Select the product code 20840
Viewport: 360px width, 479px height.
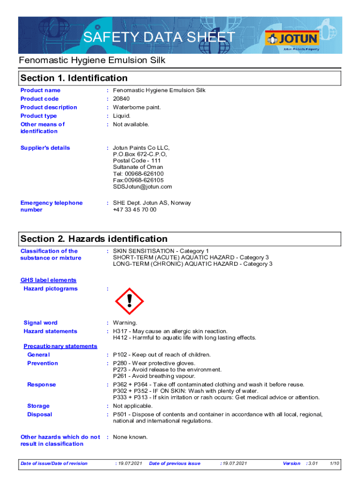pyautogui.click(x=121, y=99)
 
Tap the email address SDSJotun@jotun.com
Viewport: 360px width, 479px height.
pyautogui.click(x=142, y=187)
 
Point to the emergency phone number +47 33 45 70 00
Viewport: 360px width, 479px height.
pyautogui.click(x=135, y=210)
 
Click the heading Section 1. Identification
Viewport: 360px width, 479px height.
pyautogui.click(x=74, y=78)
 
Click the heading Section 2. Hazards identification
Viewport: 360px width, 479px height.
pyautogui.click(x=94, y=239)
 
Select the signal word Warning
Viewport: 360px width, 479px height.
pyautogui.click(x=125, y=323)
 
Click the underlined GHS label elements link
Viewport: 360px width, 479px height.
pyautogui.click(x=48, y=280)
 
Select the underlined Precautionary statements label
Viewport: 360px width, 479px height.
pyautogui.click(x=60, y=346)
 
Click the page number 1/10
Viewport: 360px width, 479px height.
pyautogui.click(x=334, y=464)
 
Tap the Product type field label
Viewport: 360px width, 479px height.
pyautogui.click(x=39, y=116)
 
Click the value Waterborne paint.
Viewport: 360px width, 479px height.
pyautogui.click(x=137, y=107)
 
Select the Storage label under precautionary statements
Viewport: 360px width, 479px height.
pyautogui.click(x=38, y=406)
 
